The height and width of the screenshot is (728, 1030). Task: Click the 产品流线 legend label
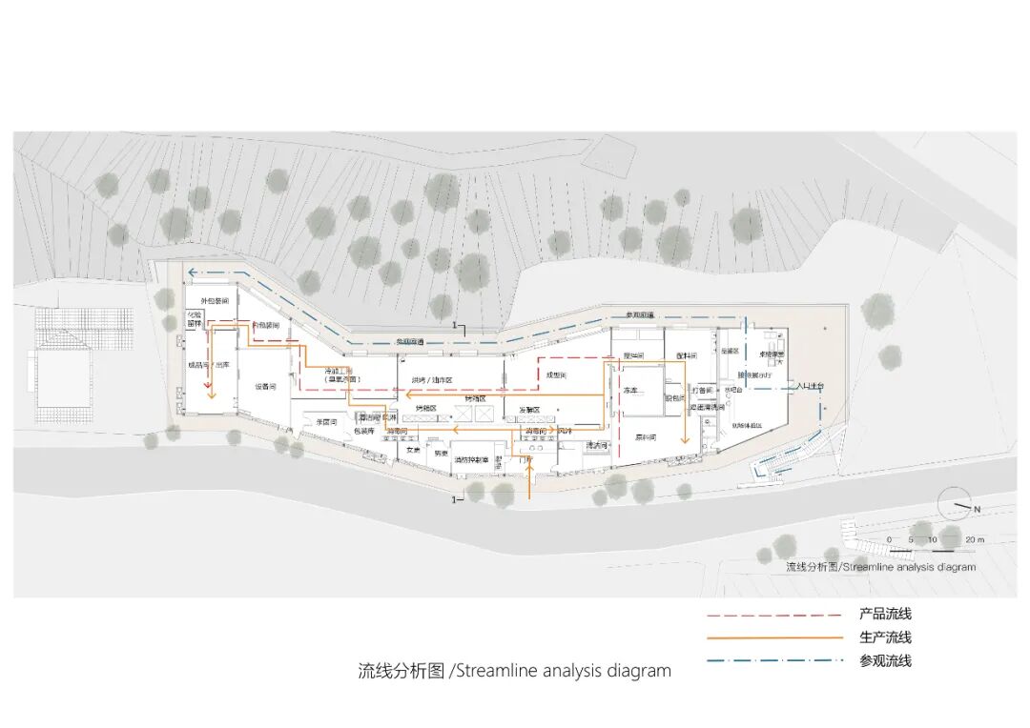coord(884,615)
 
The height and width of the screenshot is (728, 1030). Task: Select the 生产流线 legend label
coord(884,637)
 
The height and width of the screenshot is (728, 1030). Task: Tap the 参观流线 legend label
coord(884,660)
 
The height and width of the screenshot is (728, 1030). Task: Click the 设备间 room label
coord(264,386)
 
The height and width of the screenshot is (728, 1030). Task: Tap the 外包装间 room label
coord(214,300)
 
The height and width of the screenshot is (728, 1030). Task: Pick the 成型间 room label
coord(556,375)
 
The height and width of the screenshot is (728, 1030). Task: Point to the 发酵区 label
coord(529,410)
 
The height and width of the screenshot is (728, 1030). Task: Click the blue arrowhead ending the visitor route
coord(192,273)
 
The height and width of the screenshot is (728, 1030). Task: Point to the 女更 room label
coord(412,449)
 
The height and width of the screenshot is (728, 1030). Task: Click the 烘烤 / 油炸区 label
coord(432,380)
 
